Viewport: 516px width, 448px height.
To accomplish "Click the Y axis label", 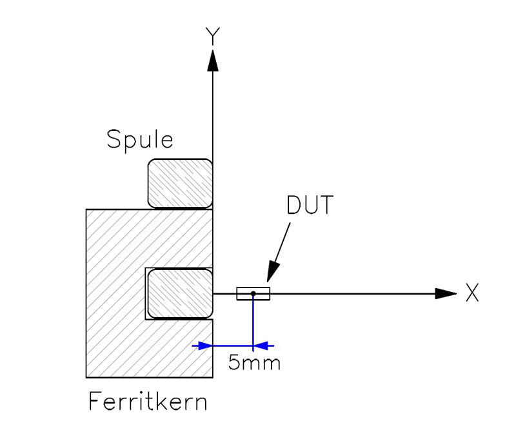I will [x=213, y=36].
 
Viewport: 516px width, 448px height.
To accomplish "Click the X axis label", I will [x=471, y=293].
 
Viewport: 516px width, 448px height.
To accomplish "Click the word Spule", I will [x=140, y=140].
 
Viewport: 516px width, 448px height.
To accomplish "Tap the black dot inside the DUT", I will [x=253, y=294].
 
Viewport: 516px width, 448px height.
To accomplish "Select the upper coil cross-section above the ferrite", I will [x=180, y=184].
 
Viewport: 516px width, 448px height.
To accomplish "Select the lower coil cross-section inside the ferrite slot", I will [x=180, y=294].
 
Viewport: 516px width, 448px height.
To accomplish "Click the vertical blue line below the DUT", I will [x=253, y=322].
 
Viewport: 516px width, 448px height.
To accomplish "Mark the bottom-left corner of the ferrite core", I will [x=86, y=377].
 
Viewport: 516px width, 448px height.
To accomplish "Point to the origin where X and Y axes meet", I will [x=213, y=294].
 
